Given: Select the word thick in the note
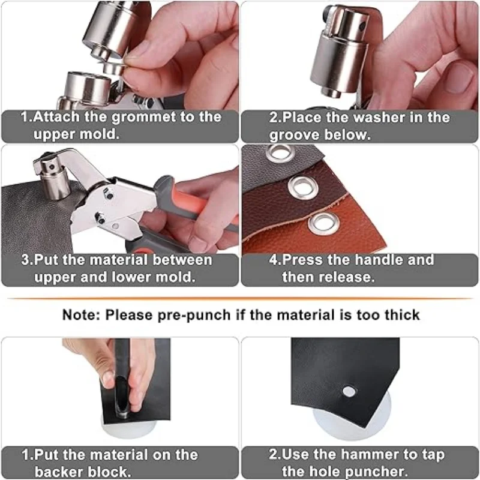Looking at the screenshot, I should pyautogui.click(x=400, y=314).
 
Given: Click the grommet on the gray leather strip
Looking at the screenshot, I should pyautogui.click(x=280, y=153).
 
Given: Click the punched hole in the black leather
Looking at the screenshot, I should pyautogui.click(x=349, y=391).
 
